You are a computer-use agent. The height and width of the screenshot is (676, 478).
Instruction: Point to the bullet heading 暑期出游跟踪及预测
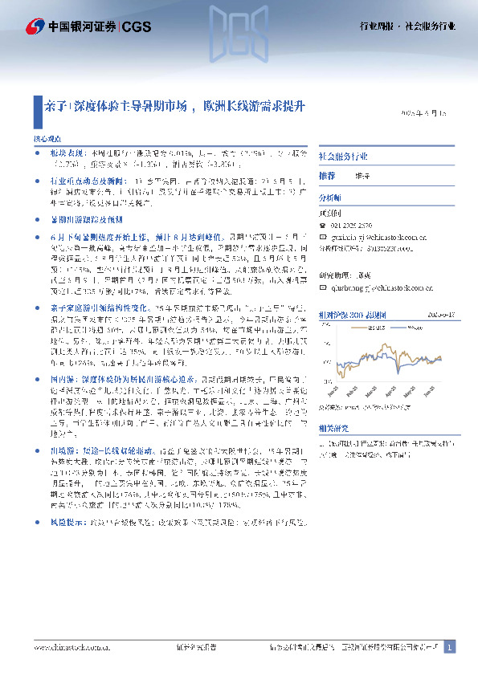click(87, 218)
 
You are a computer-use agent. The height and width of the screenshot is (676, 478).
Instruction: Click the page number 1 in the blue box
click(450, 646)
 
